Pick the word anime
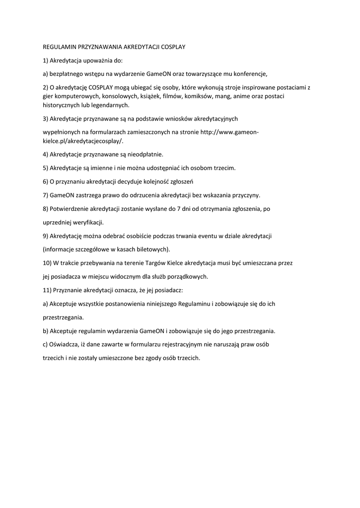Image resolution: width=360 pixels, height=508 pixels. click(x=248, y=96)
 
